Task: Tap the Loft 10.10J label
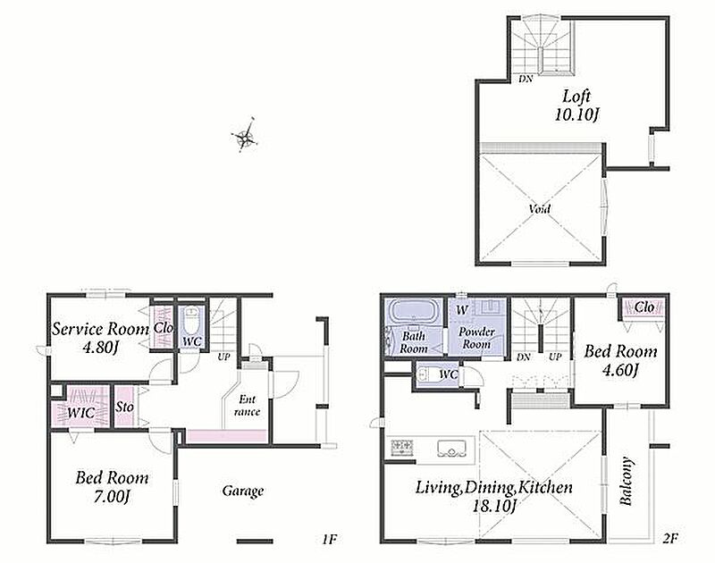(x=576, y=105)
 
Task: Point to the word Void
(x=540, y=209)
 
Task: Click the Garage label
(x=243, y=491)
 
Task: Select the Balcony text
(x=627, y=481)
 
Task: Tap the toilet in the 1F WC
(x=191, y=321)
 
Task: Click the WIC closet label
(x=81, y=413)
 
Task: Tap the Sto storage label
(x=124, y=407)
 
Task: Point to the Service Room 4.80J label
(x=100, y=338)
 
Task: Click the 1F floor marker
(x=329, y=539)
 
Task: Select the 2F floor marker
(x=671, y=538)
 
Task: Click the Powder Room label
(x=476, y=338)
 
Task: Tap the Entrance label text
(x=248, y=406)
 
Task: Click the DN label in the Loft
(x=526, y=79)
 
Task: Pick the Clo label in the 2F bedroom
(x=644, y=307)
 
